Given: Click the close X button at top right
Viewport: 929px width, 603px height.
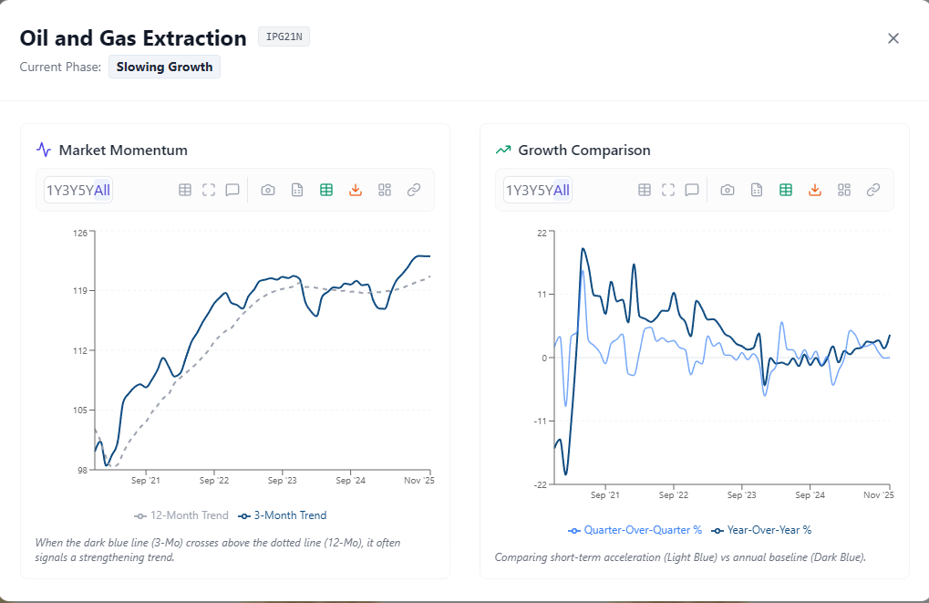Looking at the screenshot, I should click(x=893, y=38).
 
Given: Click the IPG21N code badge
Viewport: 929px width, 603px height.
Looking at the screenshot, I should click(x=284, y=37).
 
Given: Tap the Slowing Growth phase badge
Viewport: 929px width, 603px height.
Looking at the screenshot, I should click(x=164, y=67).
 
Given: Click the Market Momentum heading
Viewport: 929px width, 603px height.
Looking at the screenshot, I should click(x=123, y=150).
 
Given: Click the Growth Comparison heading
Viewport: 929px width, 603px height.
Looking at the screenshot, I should click(x=583, y=150).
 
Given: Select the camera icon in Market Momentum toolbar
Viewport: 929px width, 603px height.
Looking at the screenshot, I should click(x=268, y=190).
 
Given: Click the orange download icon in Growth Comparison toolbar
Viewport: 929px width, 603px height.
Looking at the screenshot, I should click(x=815, y=190).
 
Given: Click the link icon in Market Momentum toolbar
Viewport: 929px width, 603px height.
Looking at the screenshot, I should click(x=414, y=190).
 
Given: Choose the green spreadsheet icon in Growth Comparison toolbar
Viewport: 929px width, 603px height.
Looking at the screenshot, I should click(x=786, y=190).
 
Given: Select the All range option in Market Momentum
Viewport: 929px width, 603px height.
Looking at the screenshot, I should click(x=102, y=190).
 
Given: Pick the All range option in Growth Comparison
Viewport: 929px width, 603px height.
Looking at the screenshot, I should click(x=562, y=190).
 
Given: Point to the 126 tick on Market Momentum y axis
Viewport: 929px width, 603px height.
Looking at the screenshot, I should click(x=81, y=233).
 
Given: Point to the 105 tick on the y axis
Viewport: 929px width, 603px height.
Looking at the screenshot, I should click(x=81, y=411).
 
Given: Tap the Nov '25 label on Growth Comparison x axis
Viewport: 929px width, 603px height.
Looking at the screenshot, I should click(x=878, y=494).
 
